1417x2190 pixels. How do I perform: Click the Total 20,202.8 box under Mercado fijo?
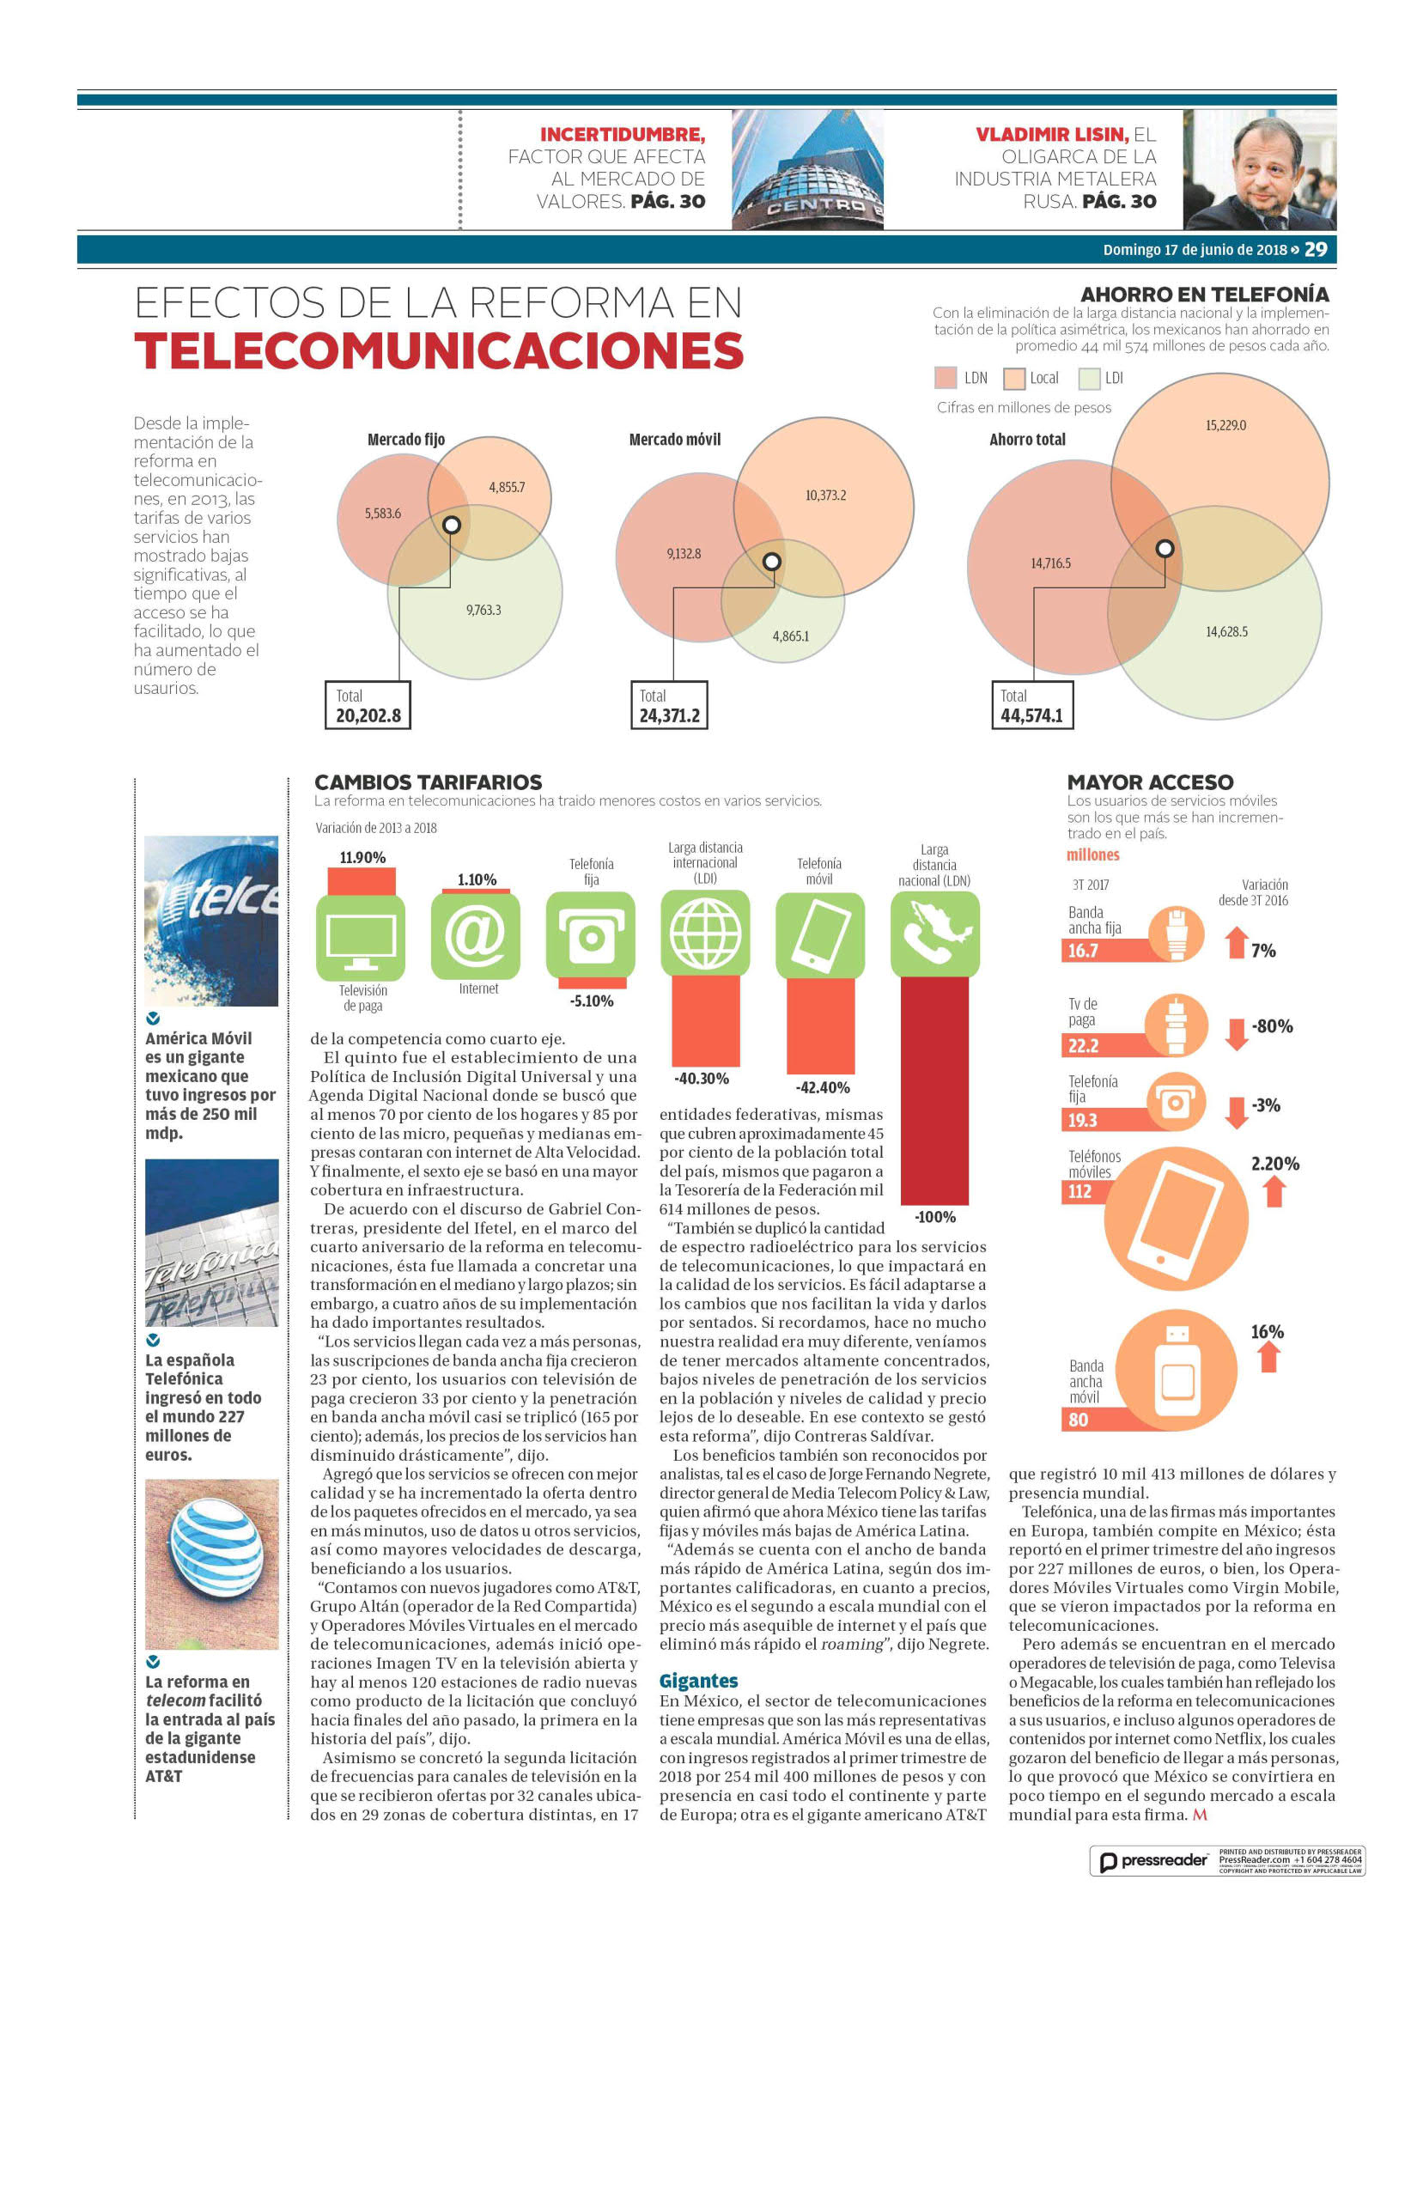368,705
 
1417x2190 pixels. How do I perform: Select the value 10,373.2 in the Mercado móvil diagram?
825,495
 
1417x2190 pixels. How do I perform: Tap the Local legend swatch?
1014,378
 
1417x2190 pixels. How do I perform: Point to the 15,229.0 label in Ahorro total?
1225,425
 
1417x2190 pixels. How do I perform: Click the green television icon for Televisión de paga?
361,937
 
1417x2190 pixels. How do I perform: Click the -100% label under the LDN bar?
935,1216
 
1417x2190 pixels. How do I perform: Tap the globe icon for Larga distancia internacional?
706,933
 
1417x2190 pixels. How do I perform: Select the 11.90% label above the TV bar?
362,858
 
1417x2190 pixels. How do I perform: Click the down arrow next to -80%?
1237,1034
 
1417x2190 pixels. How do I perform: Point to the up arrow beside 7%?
1237,941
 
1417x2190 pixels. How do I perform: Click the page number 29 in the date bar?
1316,249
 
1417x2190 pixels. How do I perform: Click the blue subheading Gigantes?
698,1682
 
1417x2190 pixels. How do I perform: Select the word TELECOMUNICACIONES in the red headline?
439,350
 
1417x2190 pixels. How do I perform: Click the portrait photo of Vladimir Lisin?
1259,169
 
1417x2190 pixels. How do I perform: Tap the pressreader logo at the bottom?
1154,1860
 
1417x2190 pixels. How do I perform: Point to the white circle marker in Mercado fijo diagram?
452,525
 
